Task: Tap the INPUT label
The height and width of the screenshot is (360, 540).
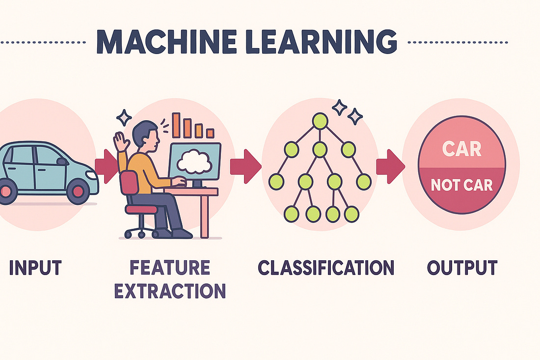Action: pos(35,268)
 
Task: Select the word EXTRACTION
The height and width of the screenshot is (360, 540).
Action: pos(170,291)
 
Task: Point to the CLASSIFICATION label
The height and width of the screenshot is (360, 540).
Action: pos(326,268)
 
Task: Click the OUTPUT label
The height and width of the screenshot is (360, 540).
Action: pos(461,268)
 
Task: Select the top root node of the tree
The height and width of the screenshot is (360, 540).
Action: pos(320,120)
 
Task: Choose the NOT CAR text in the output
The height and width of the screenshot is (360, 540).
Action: pos(461,185)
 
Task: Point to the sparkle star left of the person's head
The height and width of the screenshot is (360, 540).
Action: pos(124,117)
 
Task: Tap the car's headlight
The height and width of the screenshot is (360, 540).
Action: pos(92,175)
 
